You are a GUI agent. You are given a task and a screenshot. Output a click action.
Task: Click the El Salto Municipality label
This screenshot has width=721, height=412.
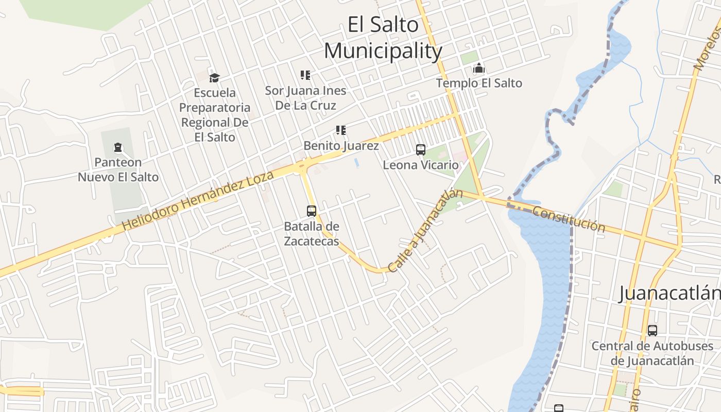tap(383, 38)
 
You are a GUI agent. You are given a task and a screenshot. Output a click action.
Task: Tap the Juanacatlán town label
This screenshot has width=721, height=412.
tap(669, 293)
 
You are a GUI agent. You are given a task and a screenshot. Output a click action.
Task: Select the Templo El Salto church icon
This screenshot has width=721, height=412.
tap(479, 68)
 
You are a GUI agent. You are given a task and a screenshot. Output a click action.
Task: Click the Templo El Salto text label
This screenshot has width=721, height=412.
tap(479, 83)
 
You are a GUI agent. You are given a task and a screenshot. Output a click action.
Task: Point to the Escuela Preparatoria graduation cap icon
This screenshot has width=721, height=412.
tap(214, 78)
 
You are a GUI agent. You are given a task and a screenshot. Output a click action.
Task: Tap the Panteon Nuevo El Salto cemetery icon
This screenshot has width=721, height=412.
tap(118, 148)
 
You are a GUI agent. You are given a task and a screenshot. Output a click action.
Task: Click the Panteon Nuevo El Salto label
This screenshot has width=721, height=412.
tap(118, 170)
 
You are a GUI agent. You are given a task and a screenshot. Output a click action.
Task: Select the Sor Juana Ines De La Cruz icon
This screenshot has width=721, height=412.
tap(305, 75)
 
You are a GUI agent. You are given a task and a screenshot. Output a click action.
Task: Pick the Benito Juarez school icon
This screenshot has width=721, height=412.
tap(340, 130)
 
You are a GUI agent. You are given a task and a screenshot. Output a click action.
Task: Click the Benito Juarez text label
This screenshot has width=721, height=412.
tap(341, 146)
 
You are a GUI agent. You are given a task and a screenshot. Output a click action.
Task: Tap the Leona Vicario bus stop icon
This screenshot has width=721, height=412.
tap(421, 150)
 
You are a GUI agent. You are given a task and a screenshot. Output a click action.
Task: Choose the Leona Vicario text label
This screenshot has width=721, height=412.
tap(421, 165)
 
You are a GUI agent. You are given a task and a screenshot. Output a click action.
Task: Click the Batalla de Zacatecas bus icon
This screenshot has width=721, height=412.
tap(312, 211)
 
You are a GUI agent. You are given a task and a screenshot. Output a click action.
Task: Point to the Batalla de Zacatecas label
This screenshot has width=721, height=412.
tap(312, 233)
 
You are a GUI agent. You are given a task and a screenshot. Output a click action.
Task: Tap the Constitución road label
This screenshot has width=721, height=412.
tap(569, 219)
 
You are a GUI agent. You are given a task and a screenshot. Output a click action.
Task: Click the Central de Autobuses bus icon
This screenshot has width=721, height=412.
tap(653, 331)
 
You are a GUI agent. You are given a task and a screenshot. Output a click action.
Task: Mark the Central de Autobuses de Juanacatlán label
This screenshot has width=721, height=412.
tap(653, 353)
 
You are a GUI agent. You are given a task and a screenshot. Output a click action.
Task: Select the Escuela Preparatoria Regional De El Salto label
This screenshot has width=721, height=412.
tap(215, 115)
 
